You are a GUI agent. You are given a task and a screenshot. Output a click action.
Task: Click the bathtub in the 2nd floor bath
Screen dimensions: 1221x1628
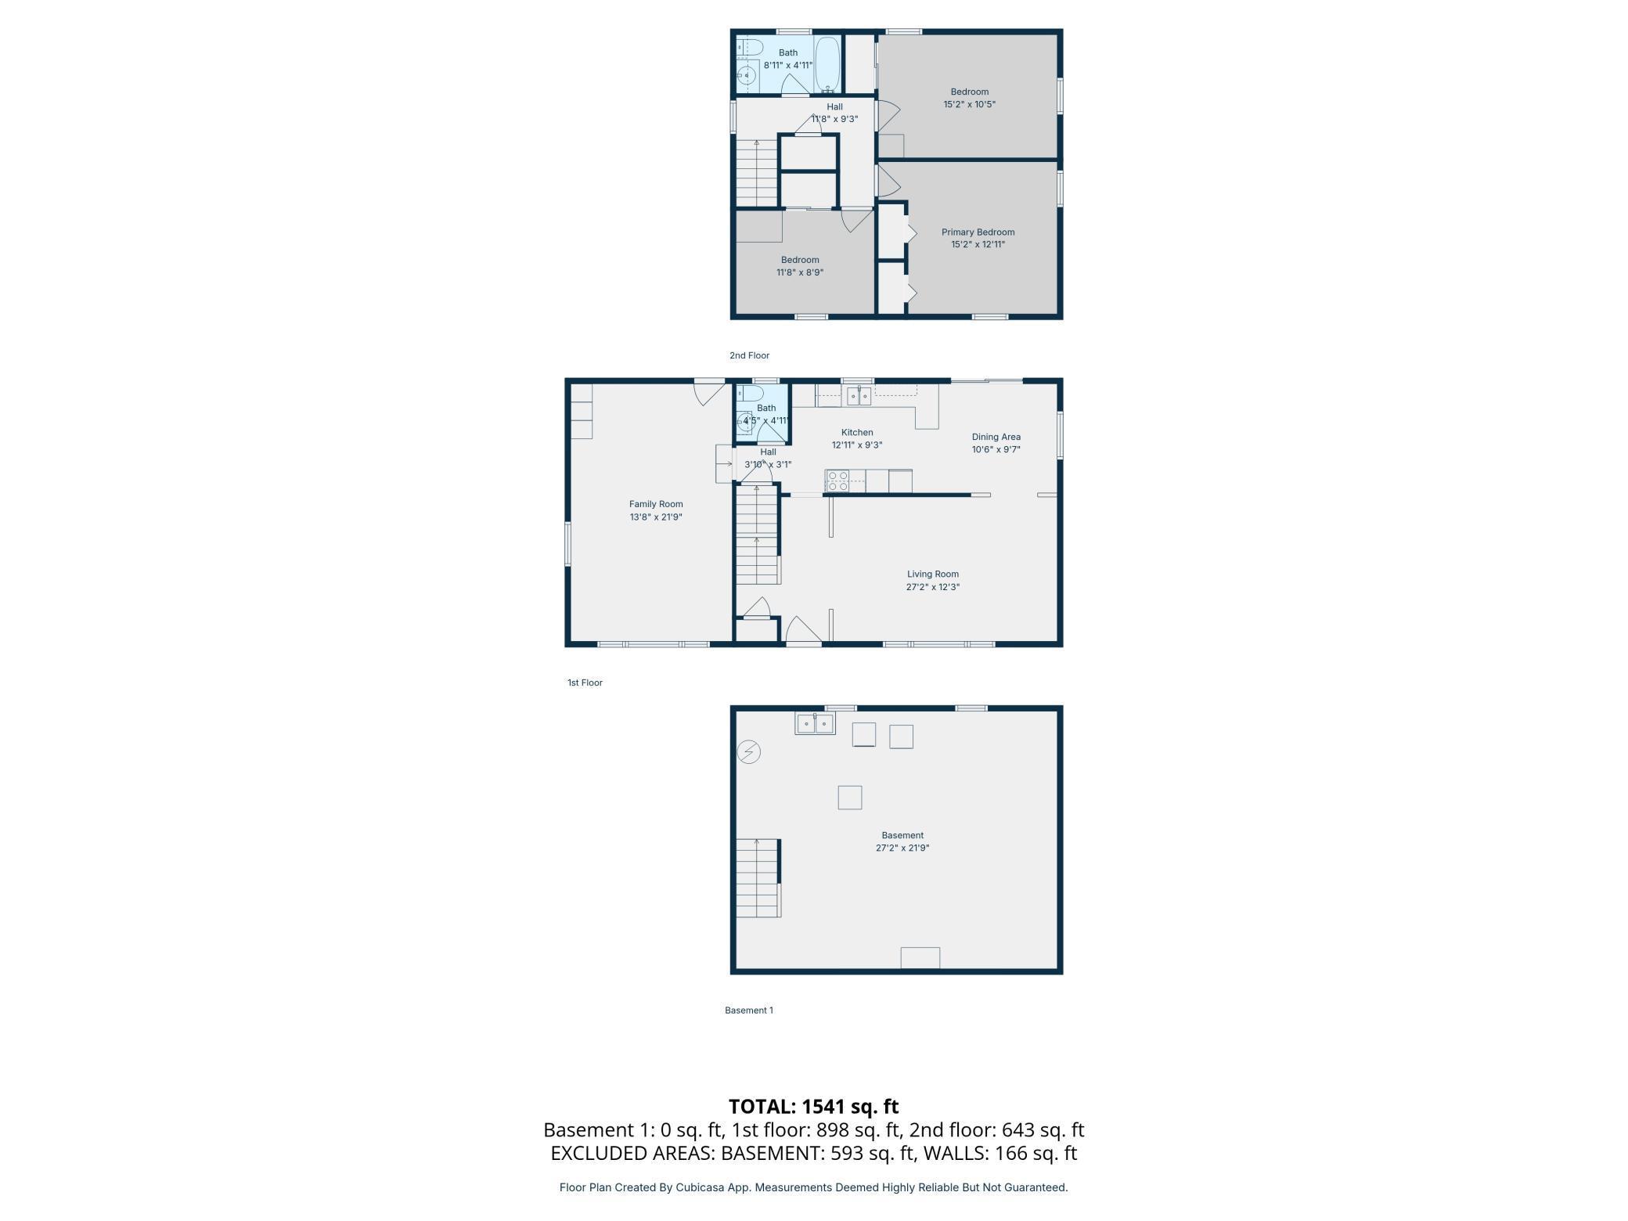pyautogui.click(x=827, y=65)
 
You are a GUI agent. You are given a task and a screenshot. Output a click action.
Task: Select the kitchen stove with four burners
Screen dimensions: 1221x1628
pyautogui.click(x=837, y=481)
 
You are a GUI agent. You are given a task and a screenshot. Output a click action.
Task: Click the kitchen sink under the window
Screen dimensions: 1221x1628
pyautogui.click(x=859, y=396)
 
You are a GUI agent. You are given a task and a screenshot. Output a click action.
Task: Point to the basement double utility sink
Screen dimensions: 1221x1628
pyautogui.click(x=816, y=724)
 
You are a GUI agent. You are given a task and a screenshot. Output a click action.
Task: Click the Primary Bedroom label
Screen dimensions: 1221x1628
pyautogui.click(x=978, y=232)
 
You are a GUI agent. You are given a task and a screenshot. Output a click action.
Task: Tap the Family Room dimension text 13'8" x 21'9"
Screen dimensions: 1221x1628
pyautogui.click(x=656, y=517)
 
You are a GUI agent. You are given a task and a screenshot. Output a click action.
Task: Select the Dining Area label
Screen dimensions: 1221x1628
pyautogui.click(x=996, y=437)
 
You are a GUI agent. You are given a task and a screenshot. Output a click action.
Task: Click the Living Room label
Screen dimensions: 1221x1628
pyautogui.click(x=932, y=574)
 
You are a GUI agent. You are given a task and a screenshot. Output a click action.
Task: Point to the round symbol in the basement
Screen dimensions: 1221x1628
pyautogui.click(x=749, y=752)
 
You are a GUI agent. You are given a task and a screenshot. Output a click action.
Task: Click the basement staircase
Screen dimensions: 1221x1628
pyautogui.click(x=758, y=877)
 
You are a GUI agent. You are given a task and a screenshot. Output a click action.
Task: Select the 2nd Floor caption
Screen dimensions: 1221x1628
pyautogui.click(x=749, y=355)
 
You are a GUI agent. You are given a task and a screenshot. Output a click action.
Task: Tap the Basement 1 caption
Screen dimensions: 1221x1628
pyautogui.click(x=748, y=1010)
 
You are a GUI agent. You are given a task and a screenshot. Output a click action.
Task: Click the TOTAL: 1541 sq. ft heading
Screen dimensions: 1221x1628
pyautogui.click(x=813, y=1106)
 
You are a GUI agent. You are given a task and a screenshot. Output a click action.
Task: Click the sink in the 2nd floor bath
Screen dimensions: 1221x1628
pyautogui.click(x=747, y=76)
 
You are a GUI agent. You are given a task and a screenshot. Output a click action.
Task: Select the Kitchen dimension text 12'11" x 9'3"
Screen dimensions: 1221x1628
pyautogui.click(x=856, y=445)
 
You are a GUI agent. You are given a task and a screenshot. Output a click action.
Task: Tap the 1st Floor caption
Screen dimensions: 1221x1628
pyautogui.click(x=585, y=683)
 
